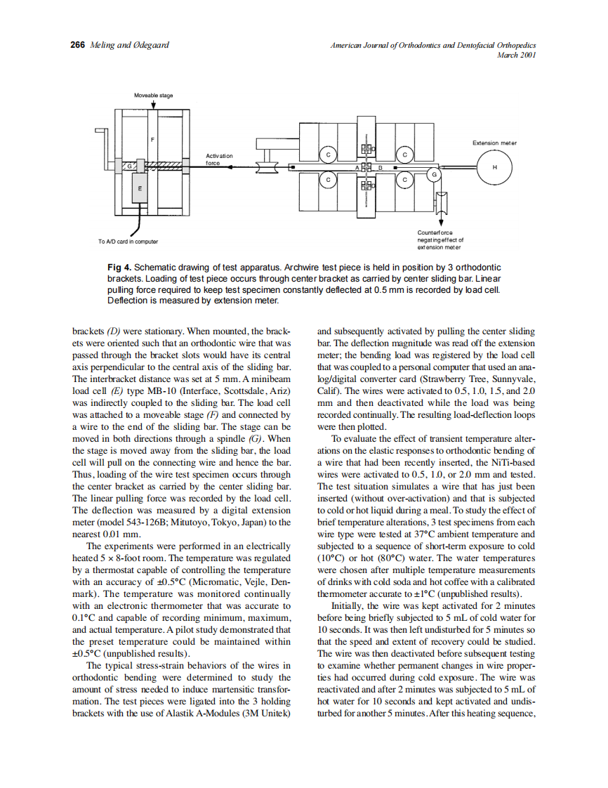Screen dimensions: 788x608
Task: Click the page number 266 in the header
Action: [77, 45]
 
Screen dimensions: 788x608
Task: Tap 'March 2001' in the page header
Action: [516, 55]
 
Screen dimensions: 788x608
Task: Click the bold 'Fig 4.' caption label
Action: [119, 268]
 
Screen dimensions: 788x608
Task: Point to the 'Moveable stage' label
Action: [153, 95]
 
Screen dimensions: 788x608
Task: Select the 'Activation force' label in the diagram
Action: [218, 159]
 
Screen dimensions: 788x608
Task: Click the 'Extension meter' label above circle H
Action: [494, 143]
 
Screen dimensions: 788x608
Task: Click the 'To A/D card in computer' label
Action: [128, 241]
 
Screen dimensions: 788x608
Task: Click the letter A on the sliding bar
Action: [357, 168]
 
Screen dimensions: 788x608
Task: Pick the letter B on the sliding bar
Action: [380, 167]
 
